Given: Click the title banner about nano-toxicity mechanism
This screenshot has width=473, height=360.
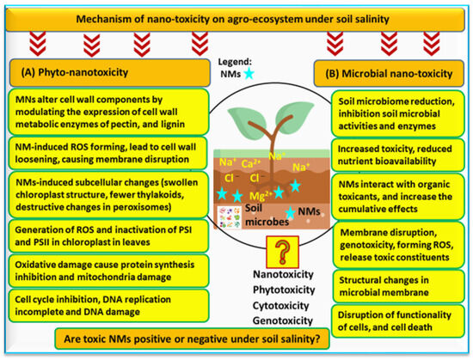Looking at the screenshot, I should (236, 19).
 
